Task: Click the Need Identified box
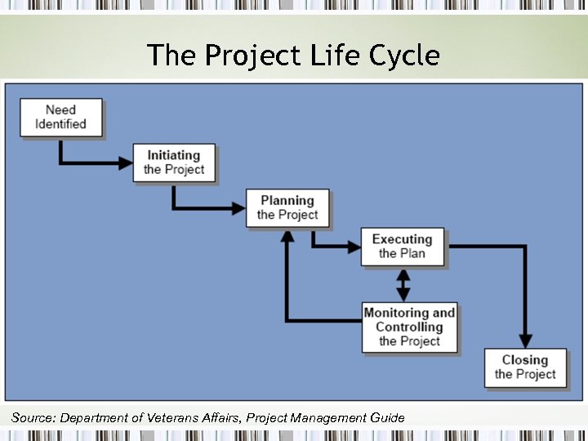61,118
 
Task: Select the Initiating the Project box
173,163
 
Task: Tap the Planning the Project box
287,207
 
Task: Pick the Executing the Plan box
402,246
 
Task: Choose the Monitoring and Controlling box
409,327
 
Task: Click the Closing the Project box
524,367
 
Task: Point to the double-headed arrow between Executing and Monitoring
403,284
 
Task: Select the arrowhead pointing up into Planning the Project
286,236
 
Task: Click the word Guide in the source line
387,418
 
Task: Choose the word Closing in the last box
524,360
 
